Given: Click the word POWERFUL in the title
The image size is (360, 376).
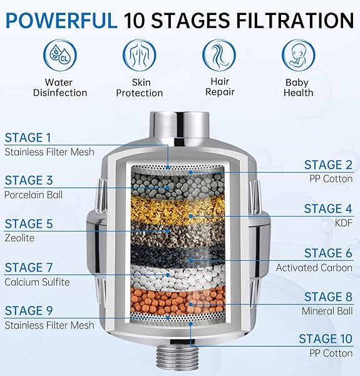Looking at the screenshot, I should tap(62, 21).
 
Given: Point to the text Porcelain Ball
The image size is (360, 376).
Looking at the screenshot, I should tap(34, 194).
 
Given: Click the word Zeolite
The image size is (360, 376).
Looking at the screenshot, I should tap(19, 238).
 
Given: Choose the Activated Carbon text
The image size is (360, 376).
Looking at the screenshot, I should tap(315, 268).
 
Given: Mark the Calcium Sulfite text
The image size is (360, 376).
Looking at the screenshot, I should tap(38, 282).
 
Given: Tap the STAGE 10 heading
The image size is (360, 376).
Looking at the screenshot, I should tap(326, 339).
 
